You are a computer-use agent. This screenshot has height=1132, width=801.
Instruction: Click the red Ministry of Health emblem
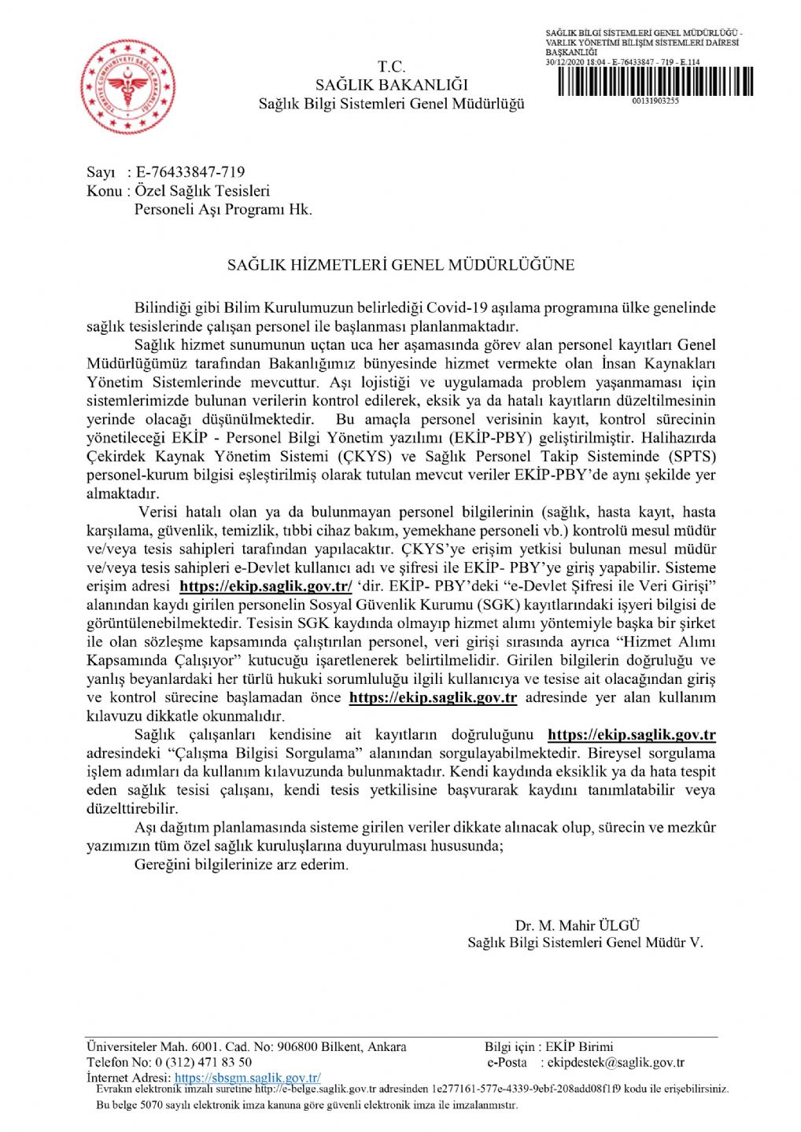click(127, 86)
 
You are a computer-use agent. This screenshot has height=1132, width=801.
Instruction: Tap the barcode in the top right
click(655, 82)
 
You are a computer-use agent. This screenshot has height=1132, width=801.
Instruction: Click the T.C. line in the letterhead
click(391, 67)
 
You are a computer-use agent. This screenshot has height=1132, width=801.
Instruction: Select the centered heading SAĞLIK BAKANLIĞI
click(391, 85)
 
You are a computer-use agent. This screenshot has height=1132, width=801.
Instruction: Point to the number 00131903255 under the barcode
click(655, 101)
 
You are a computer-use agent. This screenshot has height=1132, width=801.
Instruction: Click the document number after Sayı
click(190, 172)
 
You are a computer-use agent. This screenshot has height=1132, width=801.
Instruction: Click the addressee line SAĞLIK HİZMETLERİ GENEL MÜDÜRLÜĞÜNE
click(400, 266)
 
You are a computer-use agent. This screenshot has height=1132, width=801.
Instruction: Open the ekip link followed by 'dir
click(265, 586)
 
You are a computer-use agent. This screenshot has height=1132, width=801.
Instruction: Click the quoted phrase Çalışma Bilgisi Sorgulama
click(262, 753)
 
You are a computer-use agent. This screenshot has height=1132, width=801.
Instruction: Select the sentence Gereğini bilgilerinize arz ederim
click(241, 865)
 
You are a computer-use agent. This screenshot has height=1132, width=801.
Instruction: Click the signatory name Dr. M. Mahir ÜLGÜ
click(577, 926)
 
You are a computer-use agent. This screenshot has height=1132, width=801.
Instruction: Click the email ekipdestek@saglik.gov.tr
click(615, 1063)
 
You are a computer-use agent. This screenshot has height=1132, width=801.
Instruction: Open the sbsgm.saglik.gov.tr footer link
click(247, 1079)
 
